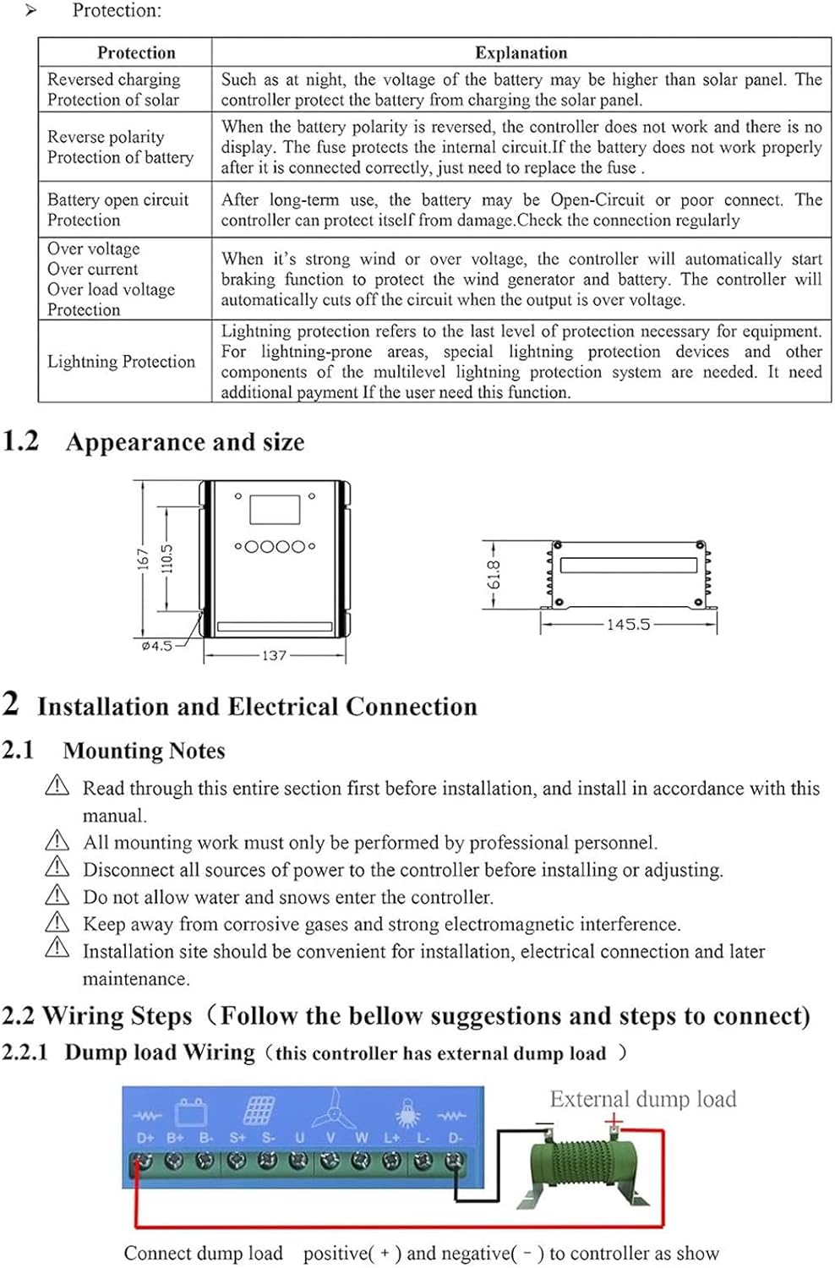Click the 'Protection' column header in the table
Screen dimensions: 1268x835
[136, 52]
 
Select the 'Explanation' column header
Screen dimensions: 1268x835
[521, 52]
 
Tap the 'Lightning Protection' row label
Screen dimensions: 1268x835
[121, 362]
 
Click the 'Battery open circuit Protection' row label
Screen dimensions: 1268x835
[117, 210]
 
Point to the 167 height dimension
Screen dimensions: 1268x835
[143, 559]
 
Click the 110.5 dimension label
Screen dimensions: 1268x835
[166, 559]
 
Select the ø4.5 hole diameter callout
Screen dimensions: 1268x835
[156, 646]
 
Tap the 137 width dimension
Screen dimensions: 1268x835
[274, 655]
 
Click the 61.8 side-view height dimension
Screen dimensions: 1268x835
[494, 574]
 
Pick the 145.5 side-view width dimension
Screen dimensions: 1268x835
[628, 625]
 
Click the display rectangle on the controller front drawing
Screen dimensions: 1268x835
[275, 510]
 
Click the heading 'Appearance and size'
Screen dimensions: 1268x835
[185, 442]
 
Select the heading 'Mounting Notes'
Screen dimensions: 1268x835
[144, 751]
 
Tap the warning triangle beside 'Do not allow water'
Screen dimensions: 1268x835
[57, 894]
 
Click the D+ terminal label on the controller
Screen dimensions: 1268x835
[145, 1138]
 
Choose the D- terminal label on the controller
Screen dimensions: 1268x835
[456, 1138]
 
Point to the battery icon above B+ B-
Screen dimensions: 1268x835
[191, 1111]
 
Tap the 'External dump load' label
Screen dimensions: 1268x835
[643, 1099]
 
